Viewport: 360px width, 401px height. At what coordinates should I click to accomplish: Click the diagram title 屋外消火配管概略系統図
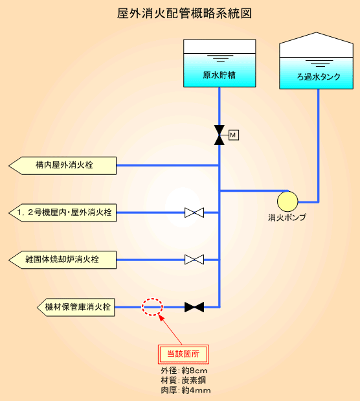pos(185,14)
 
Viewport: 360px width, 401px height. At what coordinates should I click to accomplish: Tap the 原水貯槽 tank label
pos(219,75)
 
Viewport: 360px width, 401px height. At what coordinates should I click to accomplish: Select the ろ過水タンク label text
pos(319,76)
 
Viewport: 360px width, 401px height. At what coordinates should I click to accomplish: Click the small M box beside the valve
pos(234,135)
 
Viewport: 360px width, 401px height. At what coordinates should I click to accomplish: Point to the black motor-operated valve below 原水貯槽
pos(219,135)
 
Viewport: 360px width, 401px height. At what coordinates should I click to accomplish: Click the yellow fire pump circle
pos(287,201)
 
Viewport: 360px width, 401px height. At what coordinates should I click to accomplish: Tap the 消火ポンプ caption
pos(287,218)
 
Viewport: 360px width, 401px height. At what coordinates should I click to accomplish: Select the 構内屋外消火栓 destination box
pos(63,166)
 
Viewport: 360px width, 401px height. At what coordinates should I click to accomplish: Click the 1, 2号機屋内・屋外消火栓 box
pos(63,212)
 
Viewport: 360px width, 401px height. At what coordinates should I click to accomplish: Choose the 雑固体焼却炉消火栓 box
pos(63,260)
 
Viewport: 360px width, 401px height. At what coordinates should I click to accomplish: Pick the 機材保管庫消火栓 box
pos(76,307)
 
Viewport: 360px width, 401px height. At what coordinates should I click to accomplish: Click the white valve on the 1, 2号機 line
pos(194,212)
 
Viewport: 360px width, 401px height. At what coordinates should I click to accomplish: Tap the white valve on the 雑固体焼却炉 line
pos(194,260)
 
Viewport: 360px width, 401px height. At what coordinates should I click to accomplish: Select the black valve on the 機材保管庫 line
pos(194,307)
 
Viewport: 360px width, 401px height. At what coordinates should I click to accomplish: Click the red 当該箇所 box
pos(183,354)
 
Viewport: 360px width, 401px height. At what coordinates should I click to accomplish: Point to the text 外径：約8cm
pos(184,371)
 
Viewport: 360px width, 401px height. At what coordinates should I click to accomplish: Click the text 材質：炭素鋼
pos(183,380)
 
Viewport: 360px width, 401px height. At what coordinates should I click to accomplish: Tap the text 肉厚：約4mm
pos(186,391)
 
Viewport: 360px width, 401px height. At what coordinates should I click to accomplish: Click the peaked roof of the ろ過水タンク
pos(317,45)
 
